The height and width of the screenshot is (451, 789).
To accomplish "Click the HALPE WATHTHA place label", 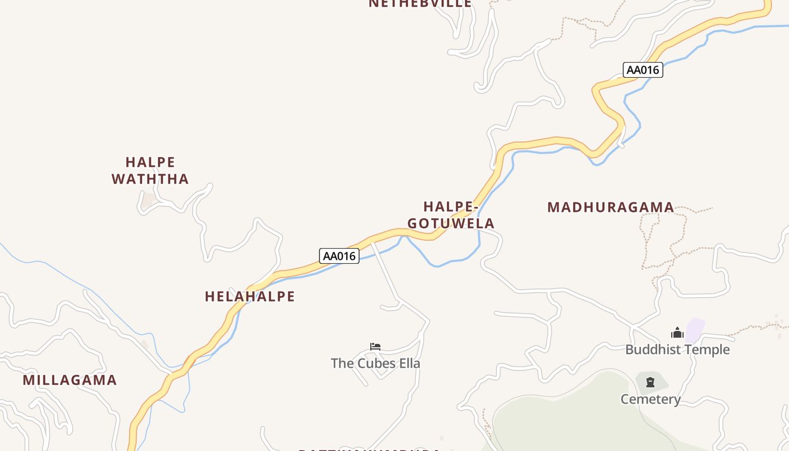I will click(x=150, y=171).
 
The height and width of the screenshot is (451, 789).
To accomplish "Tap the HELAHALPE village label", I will click(x=250, y=297).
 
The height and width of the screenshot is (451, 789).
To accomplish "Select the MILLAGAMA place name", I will click(x=70, y=380).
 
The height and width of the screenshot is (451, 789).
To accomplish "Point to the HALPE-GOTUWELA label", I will click(x=451, y=215).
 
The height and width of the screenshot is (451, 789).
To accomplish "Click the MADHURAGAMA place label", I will click(x=610, y=207).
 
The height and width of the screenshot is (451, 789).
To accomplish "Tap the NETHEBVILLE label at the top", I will click(x=420, y=3).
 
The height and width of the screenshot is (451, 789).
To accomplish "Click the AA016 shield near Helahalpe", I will click(x=339, y=256).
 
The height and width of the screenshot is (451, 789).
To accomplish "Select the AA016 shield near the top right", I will click(x=642, y=70).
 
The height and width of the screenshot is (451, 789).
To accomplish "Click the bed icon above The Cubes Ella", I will click(x=375, y=346).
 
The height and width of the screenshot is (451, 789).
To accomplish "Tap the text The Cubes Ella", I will click(x=375, y=363).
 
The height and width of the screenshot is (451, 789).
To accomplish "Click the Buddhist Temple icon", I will click(x=677, y=333).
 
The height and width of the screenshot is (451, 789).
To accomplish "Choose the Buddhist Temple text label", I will click(x=677, y=350).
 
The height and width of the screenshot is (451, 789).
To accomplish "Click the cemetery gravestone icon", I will click(x=650, y=383).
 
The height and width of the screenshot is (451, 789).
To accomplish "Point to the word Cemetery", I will click(x=650, y=400).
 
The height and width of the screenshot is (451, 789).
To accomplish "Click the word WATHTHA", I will click(x=150, y=179).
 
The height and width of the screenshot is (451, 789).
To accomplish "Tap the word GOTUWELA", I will click(x=451, y=223).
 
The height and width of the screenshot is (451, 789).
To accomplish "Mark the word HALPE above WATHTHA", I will click(x=150, y=162).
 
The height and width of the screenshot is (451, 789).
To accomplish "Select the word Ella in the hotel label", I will click(x=409, y=363).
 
